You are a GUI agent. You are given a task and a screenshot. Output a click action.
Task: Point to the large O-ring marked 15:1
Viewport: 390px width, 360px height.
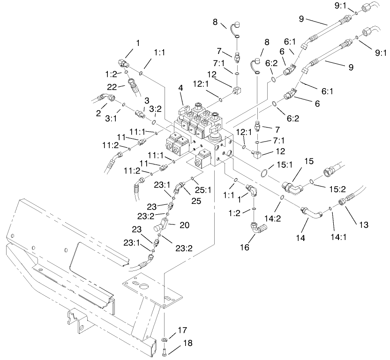tap(265, 173)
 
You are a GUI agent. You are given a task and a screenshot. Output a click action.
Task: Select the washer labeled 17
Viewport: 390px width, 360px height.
tap(165, 338)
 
